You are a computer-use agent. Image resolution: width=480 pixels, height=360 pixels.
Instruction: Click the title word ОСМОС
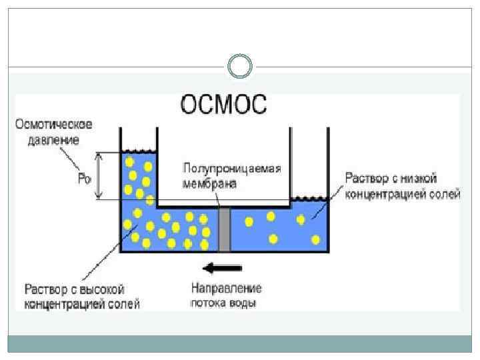(223, 106)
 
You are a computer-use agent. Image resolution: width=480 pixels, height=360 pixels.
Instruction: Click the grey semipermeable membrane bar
(225, 229)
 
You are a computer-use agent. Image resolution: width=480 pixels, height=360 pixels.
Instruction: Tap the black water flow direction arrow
(223, 268)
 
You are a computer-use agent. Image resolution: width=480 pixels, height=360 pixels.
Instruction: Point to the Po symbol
(83, 178)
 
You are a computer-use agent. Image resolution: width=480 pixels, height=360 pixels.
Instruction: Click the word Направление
(226, 289)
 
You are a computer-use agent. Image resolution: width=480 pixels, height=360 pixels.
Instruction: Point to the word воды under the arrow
(243, 303)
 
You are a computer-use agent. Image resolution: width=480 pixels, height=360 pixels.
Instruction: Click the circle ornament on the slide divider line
(240, 67)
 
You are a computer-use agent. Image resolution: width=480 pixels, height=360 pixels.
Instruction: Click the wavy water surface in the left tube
(138, 151)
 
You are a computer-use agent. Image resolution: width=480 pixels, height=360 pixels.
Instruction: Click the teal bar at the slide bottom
(239, 344)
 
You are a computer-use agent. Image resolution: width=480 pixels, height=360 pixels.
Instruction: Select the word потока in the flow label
(209, 303)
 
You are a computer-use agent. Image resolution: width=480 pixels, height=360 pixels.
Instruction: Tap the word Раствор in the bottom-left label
(45, 290)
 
